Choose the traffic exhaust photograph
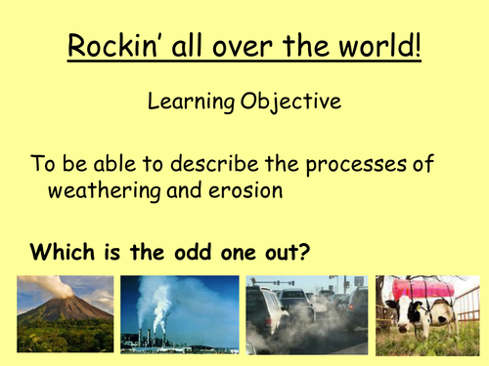coord(306,314)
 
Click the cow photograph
coord(428,314)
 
